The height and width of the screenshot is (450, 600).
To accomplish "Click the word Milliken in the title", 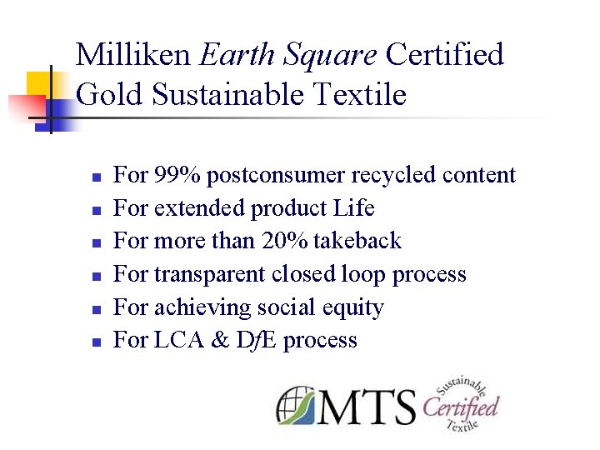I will [x=133, y=55].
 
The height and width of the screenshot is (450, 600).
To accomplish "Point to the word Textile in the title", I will [x=359, y=94].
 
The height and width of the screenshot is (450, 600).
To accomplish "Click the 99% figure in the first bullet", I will [x=177, y=175].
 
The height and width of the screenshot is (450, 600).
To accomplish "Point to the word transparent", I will [x=202, y=274].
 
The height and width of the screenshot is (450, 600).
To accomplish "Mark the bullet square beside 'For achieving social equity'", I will [x=96, y=309].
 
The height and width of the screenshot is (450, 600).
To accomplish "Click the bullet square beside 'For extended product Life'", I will [x=96, y=210].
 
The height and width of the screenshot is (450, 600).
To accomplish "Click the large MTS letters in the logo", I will [x=367, y=407].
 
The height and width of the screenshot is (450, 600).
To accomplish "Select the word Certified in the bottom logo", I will [x=460, y=407].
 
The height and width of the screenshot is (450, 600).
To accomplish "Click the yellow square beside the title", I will [x=39, y=84].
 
